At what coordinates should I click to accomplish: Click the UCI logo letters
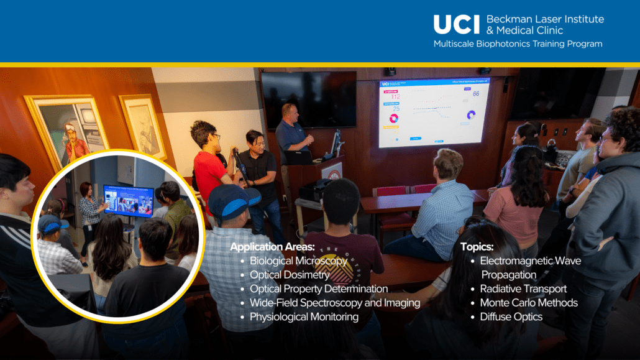pyautogui.click(x=457, y=24)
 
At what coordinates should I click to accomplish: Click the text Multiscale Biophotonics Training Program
pyautogui.click(x=518, y=44)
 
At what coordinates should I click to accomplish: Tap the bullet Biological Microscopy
pyautogui.click(x=298, y=261)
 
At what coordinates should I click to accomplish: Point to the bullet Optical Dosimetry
pyautogui.click(x=290, y=275)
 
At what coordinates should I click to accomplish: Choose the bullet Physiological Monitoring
pyautogui.click(x=304, y=316)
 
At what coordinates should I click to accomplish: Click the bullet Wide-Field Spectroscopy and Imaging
pyautogui.click(x=334, y=303)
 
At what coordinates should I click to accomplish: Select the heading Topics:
pyautogui.click(x=477, y=247)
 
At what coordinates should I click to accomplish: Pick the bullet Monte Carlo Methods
pyautogui.click(x=529, y=303)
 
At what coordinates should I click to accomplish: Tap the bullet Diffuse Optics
pyautogui.click(x=511, y=316)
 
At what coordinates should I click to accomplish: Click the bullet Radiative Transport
pyautogui.click(x=523, y=288)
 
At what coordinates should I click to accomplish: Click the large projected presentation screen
pyautogui.click(x=433, y=112)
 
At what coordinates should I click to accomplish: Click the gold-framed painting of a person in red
pyautogui.click(x=68, y=131)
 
